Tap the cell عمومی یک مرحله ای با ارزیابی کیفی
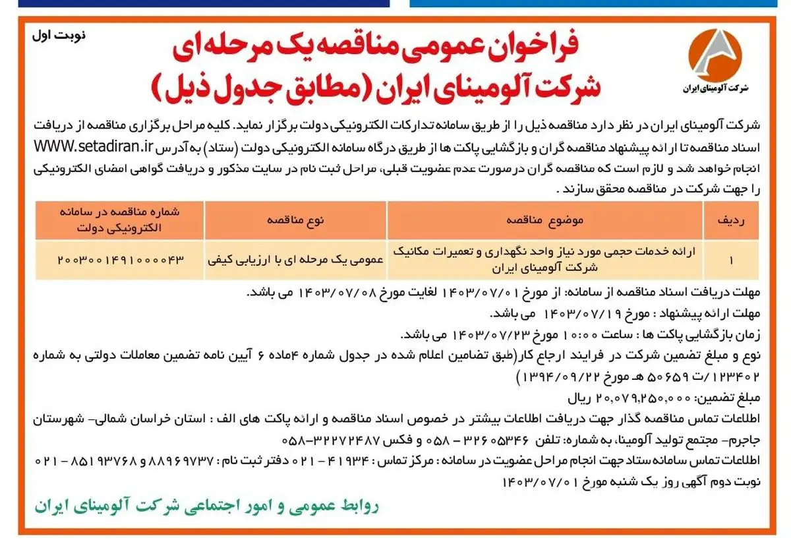tap(295, 259)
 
